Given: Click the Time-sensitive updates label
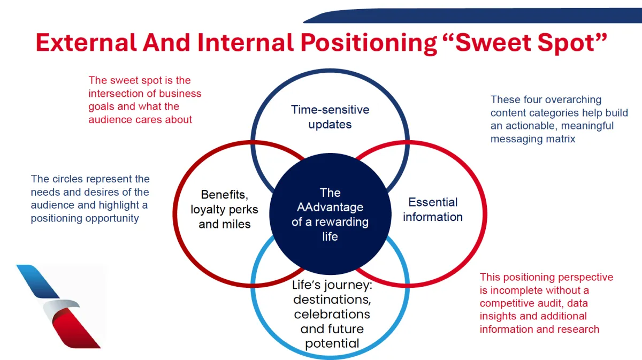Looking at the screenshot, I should [330, 117].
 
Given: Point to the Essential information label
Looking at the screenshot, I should [433, 210].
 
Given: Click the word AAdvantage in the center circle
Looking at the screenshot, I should [330, 207].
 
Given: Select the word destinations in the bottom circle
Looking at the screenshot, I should [331, 299].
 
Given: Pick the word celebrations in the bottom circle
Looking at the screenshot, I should [332, 314].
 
